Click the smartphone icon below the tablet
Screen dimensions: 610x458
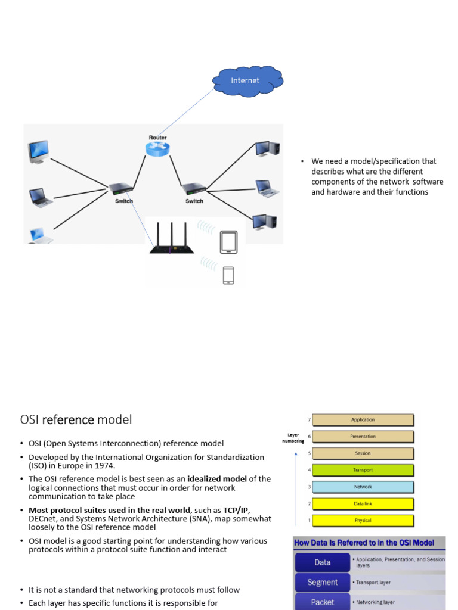tap(228, 275)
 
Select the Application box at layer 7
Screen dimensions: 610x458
tap(363, 420)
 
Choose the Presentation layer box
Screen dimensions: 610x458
tap(363, 437)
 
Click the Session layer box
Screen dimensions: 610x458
tap(363, 453)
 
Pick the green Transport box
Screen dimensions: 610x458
tap(363, 470)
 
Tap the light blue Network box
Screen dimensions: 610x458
tap(363, 487)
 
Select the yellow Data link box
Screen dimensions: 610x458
tap(363, 503)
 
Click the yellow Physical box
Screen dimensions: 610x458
tap(363, 520)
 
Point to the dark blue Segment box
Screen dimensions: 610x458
tap(322, 582)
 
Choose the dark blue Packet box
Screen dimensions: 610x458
tap(322, 602)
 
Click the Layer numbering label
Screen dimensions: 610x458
tap(293, 438)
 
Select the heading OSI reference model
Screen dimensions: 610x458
tap(76, 420)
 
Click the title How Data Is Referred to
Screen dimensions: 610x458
tap(364, 543)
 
